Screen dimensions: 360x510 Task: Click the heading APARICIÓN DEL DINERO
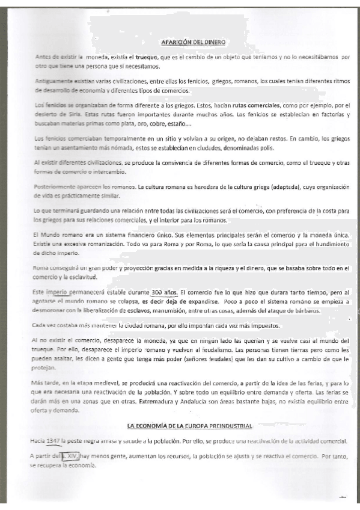(193, 42)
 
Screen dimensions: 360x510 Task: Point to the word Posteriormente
(56, 187)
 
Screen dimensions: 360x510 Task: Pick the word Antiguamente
(55, 81)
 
